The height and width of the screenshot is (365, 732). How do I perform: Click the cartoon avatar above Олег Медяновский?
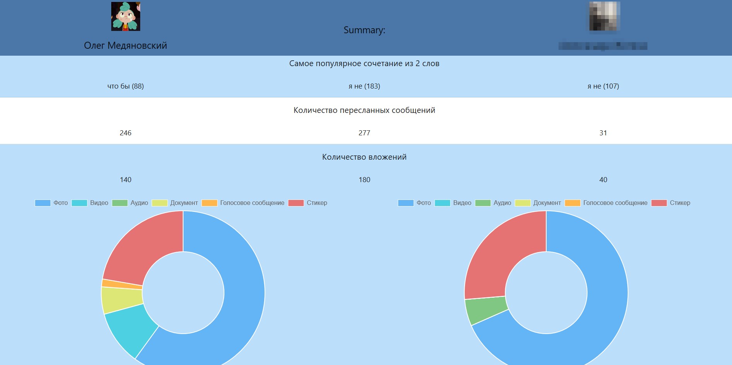pos(126,16)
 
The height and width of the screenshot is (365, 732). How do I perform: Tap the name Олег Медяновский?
pos(126,46)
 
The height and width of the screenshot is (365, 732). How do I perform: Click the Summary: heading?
pos(364,30)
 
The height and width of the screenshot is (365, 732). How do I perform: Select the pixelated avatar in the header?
pos(605,16)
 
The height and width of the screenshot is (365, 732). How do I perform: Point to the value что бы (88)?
pos(126,86)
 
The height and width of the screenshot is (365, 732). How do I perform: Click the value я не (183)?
pos(364,86)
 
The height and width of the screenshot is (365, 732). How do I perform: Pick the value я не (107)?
pos(603,86)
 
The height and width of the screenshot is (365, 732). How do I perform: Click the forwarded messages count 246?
pos(126,133)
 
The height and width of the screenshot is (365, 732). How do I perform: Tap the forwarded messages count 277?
pos(364,133)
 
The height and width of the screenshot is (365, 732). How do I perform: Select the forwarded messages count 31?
pos(603,133)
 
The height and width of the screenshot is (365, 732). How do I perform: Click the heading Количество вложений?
pos(364,157)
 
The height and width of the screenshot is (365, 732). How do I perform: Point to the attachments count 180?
pos(364,180)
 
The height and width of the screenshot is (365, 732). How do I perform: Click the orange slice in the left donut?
pos(122,284)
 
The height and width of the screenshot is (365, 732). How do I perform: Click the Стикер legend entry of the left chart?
pos(308,203)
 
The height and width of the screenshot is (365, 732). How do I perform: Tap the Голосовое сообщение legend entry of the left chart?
pos(243,203)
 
